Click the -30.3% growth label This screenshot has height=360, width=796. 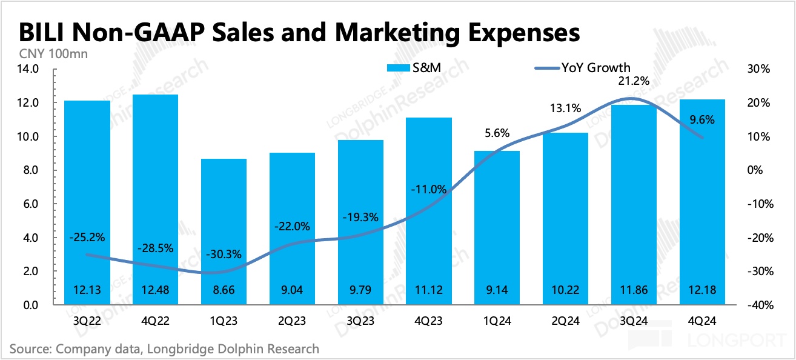pos(224,253)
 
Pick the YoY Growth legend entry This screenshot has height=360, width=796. pos(582,68)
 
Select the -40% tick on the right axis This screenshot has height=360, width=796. pos(758,305)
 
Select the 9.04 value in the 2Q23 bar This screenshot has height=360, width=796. pos(292,291)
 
